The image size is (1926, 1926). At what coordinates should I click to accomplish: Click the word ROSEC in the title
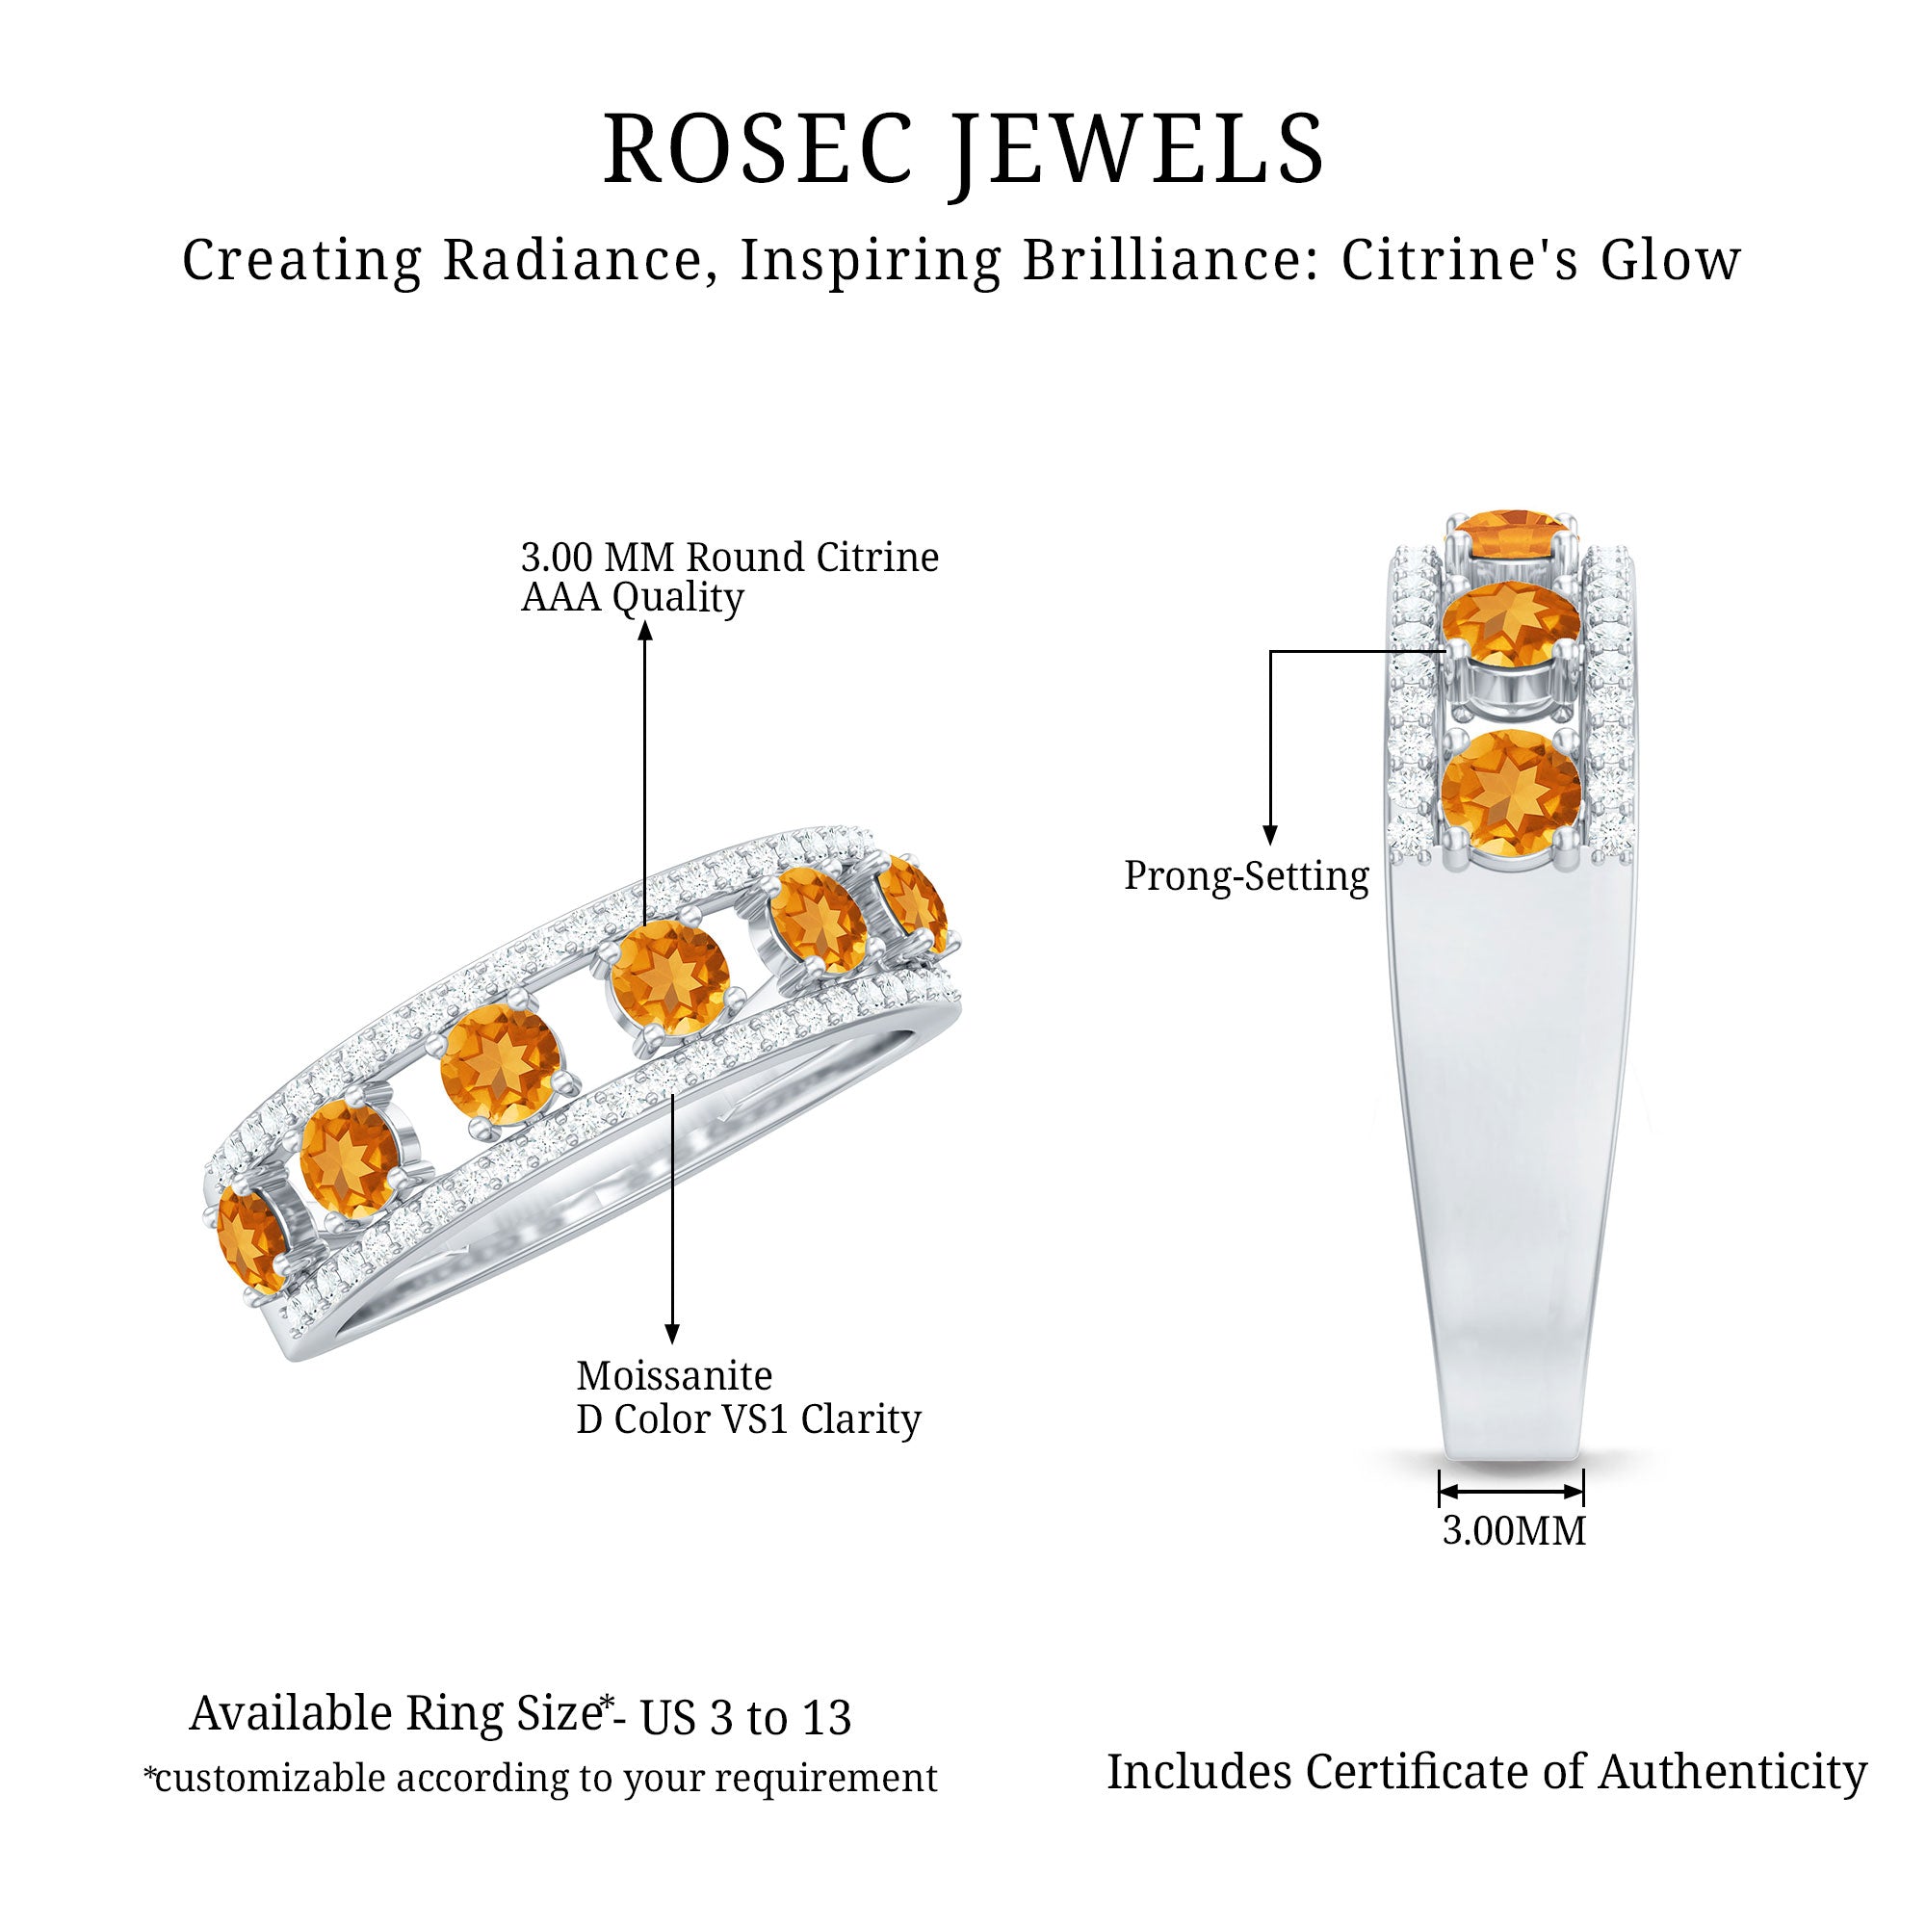coord(758,149)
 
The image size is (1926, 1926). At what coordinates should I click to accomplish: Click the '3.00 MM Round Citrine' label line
coord(729,558)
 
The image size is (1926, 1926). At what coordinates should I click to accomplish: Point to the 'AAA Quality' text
coord(632,598)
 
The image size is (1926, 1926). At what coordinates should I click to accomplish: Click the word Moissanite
coord(674,1376)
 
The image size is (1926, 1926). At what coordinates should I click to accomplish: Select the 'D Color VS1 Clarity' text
coord(747,1419)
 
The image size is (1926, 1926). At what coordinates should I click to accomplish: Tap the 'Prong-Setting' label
coord(1246,876)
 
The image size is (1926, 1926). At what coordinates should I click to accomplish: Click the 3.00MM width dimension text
coord(1513,1531)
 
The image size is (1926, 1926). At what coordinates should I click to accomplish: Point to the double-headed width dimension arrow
coord(1511,1493)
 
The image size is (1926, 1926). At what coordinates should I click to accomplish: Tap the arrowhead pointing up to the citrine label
coord(645,630)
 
